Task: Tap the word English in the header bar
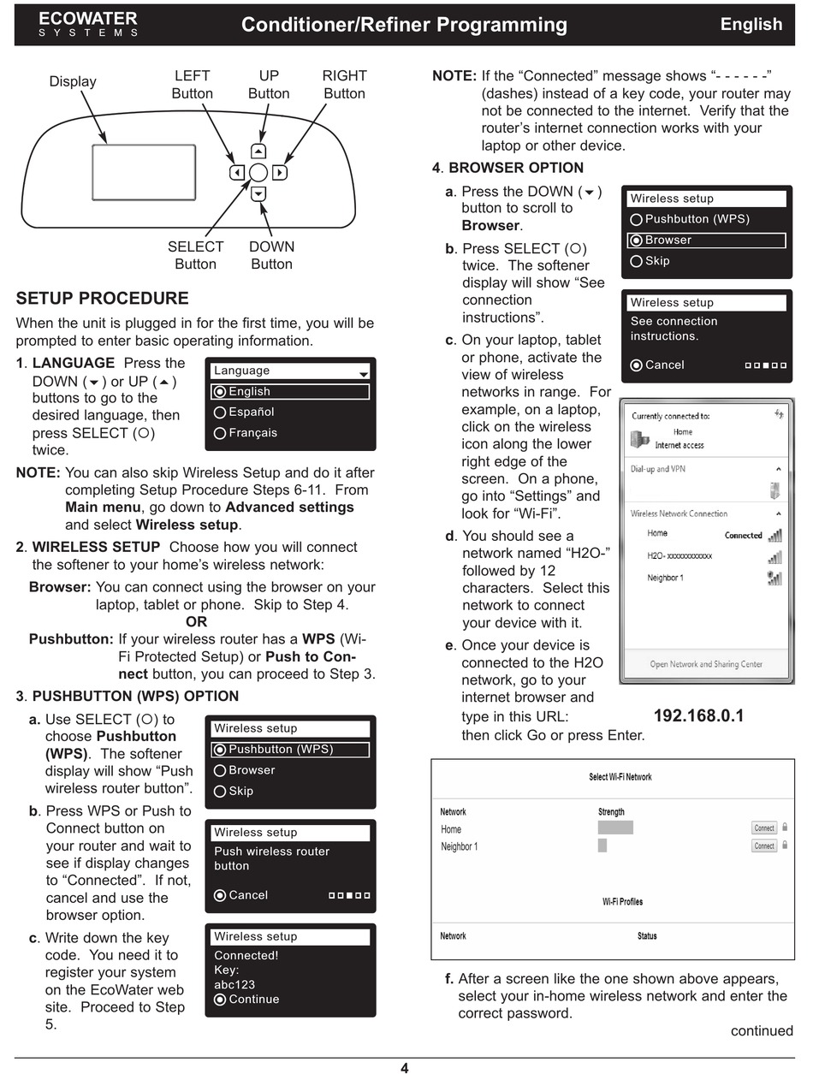click(x=751, y=24)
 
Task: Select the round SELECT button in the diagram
click(x=258, y=173)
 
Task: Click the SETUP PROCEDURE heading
click(x=103, y=299)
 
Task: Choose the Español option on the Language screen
click(x=252, y=412)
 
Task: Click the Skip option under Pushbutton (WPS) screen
click(x=240, y=791)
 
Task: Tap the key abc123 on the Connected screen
click(x=234, y=984)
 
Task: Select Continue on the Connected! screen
click(x=253, y=999)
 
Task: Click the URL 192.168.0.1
click(x=698, y=716)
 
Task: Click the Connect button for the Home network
click(x=764, y=828)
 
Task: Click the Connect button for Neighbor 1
click(x=764, y=846)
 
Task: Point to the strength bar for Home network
click(x=615, y=828)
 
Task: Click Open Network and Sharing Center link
click(x=706, y=664)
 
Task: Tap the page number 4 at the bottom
click(x=405, y=1067)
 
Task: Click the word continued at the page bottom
click(x=762, y=1030)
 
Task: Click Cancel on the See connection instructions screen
click(x=664, y=365)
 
